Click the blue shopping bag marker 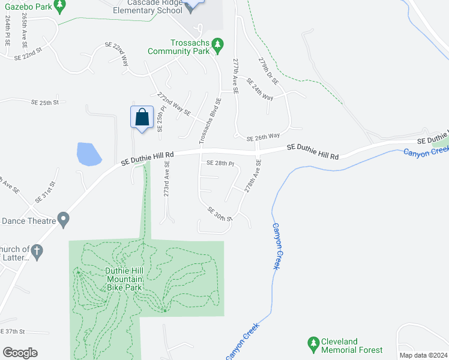142,116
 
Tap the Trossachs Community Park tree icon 218,44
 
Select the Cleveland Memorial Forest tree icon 312,344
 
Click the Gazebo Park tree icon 59,6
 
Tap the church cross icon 37,252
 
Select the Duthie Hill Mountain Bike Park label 124,279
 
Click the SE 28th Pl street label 220,163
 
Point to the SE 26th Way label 265,136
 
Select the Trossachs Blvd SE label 211,121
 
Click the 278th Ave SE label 253,176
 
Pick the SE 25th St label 46,103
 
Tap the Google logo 20,353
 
